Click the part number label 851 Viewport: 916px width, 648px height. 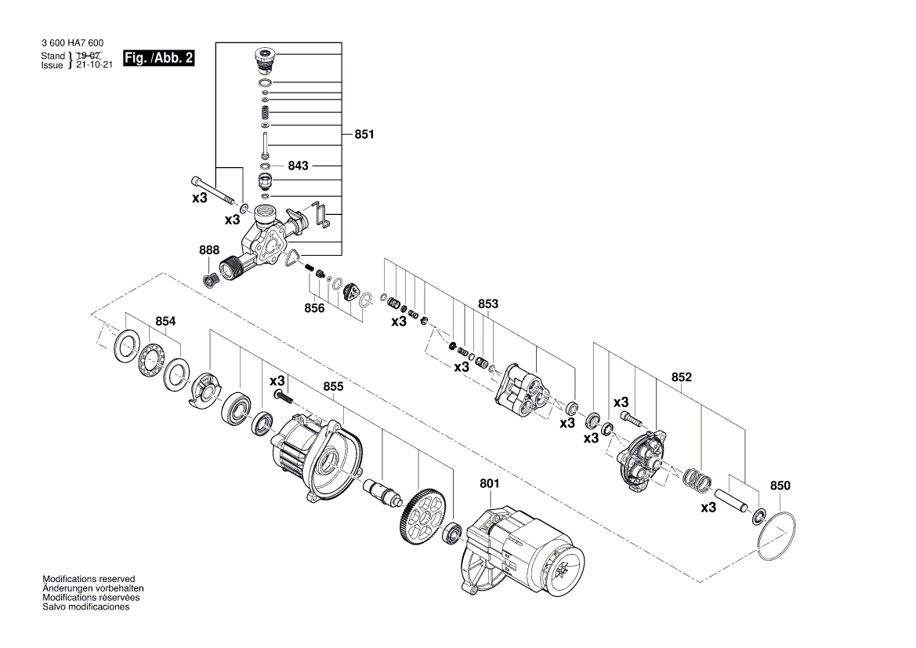point(364,135)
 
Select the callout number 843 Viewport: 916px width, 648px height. point(298,166)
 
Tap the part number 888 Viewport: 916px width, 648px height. point(209,250)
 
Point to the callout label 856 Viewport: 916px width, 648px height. point(314,308)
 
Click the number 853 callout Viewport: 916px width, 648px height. point(488,304)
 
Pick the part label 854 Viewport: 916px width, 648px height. point(165,322)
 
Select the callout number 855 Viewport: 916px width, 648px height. point(333,387)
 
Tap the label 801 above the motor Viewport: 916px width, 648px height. point(489,484)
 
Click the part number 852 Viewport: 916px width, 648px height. point(682,377)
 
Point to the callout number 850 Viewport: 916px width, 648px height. point(780,486)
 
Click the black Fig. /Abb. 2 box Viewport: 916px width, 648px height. point(158,59)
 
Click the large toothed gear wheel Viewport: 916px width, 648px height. point(424,514)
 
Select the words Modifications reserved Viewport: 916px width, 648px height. point(89,578)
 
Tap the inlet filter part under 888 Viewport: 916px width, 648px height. point(209,279)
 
